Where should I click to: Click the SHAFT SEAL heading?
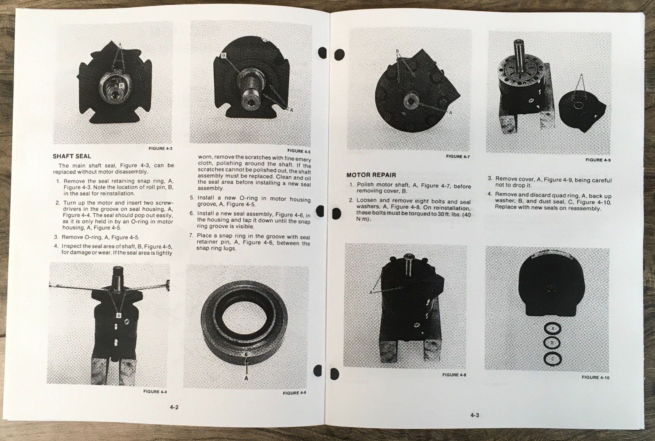point(72,156)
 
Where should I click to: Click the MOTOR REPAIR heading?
point(371,175)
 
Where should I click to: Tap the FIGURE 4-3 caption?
point(160,148)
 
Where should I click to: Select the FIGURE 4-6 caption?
point(294,393)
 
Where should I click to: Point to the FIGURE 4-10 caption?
point(595,377)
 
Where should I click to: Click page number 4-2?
point(174,407)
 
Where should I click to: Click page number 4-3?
point(474,415)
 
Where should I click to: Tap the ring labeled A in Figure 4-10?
point(553,328)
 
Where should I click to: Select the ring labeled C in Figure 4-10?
point(553,359)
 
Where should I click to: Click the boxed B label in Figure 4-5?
point(224,56)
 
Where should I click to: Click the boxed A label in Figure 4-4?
point(119,315)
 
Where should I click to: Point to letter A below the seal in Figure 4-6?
point(246,378)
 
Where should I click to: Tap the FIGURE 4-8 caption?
point(454,374)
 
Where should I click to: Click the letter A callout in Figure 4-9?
point(581,75)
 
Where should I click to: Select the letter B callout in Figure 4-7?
point(397,52)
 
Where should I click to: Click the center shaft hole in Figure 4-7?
point(409,101)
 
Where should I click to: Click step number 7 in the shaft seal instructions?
point(191,235)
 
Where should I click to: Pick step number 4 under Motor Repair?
point(490,194)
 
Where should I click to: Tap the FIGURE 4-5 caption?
point(298,151)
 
